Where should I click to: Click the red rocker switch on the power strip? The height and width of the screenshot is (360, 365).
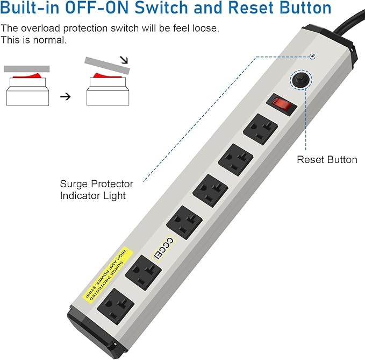(x=283, y=104)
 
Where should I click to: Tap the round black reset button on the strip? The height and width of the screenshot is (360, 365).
(x=300, y=80)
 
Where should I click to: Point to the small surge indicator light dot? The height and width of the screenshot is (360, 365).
(x=313, y=57)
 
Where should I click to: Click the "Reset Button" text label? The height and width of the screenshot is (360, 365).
(x=327, y=159)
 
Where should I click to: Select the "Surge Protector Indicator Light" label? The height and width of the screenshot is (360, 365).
(x=96, y=190)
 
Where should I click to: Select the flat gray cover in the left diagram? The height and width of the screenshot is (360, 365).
(x=26, y=68)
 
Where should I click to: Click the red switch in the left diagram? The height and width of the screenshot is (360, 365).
(x=26, y=76)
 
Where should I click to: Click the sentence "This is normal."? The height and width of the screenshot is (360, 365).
(x=33, y=40)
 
